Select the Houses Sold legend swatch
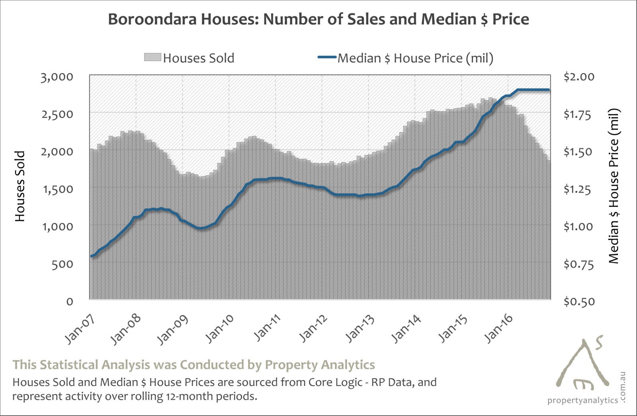152,58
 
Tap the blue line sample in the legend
327,58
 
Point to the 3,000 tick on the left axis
57,77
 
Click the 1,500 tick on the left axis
57,189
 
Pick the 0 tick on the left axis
70,301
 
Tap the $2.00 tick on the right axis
578,77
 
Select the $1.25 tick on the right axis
578,189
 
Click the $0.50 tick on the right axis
578,301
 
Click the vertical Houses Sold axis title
20,186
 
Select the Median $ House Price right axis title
614,186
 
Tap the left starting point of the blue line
92,256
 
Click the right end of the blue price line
549,90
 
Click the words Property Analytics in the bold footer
320,365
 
